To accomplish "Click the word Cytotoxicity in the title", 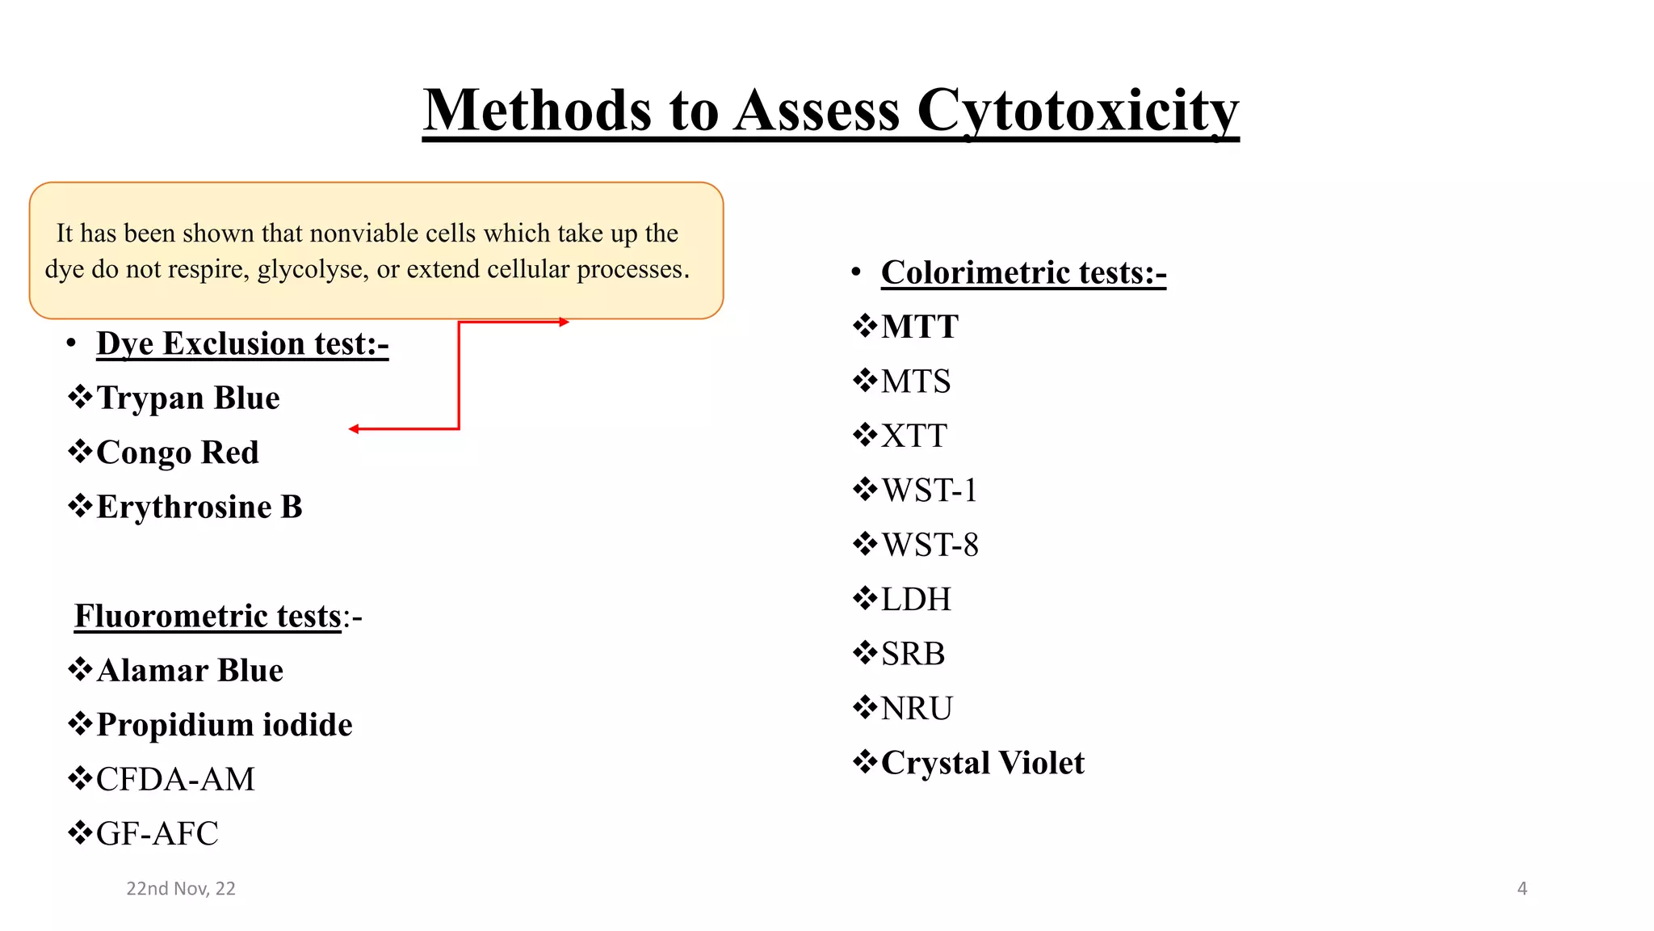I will coord(1077,111).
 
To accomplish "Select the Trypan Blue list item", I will coord(187,398).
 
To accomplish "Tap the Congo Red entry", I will coord(177,453).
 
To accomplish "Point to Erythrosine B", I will coord(199,508).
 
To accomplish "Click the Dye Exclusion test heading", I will coord(242,344).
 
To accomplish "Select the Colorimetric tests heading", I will coord(1023,273).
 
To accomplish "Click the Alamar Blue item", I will coord(190,671).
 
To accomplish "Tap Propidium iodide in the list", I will coord(224,725).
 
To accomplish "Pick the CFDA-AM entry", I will coord(175,780).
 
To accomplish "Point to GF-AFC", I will coord(157,834).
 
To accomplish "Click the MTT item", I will coord(919,327).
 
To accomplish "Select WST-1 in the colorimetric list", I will coord(929,491).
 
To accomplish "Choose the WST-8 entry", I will coord(930,546).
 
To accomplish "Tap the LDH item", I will coord(916,600).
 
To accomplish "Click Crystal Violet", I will coord(982,763).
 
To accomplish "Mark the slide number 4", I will coord(1522,889).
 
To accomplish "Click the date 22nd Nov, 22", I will coord(181,889).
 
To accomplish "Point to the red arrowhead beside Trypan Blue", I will coord(354,429).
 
